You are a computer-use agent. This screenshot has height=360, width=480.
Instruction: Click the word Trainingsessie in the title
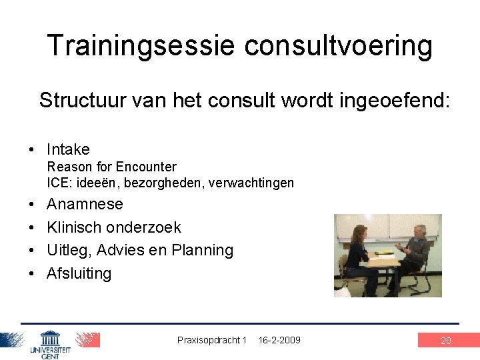141,46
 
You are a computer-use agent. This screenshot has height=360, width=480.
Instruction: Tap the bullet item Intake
67,149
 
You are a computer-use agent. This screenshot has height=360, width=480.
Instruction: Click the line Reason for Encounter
111,167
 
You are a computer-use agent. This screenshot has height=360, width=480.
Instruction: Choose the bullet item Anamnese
85,204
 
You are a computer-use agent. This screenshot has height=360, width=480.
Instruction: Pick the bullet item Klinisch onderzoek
113,227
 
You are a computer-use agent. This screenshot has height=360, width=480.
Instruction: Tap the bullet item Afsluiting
79,273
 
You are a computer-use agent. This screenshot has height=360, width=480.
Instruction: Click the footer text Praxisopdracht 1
211,340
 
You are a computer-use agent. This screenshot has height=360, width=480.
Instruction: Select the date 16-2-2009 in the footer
279,340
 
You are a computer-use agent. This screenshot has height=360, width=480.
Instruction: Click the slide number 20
446,341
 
